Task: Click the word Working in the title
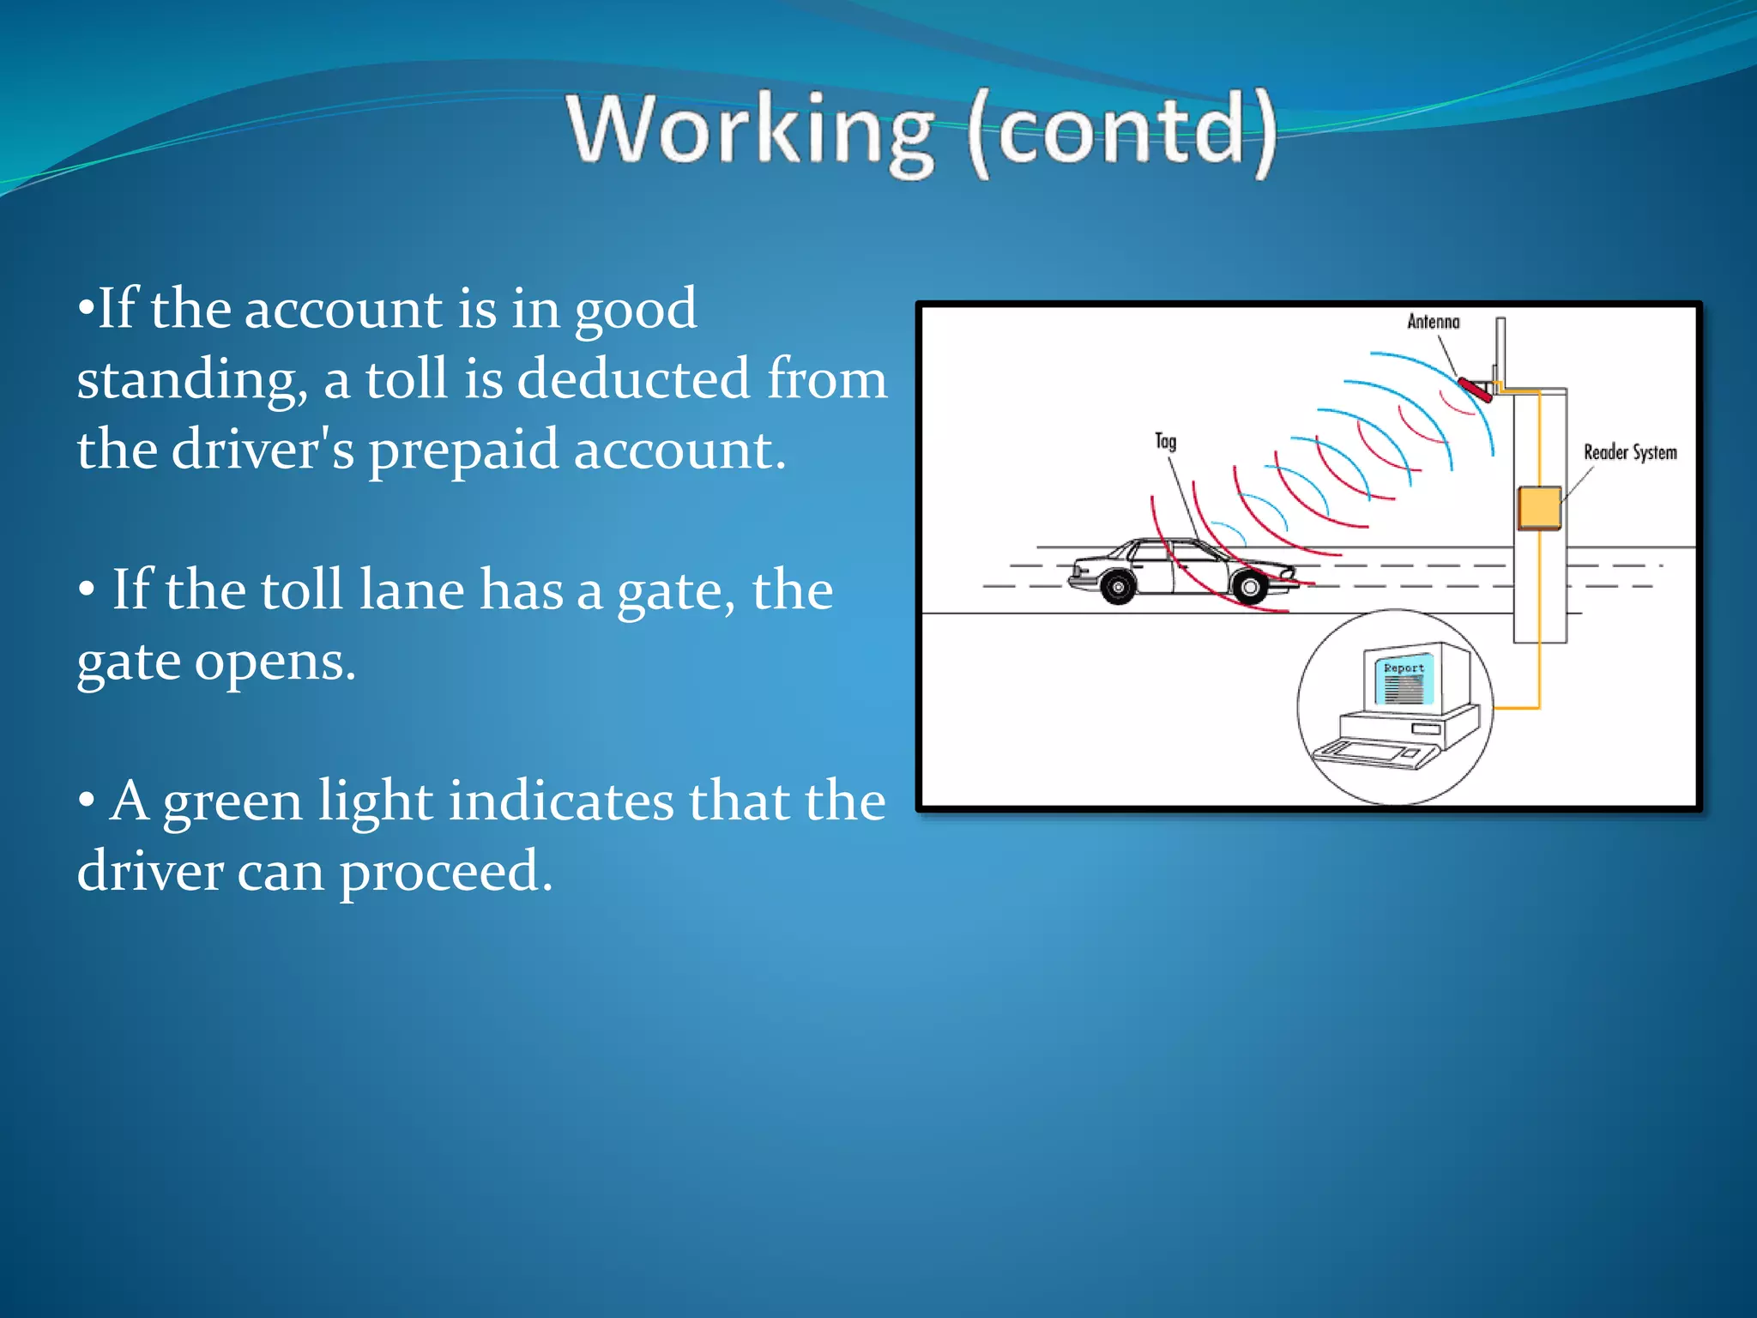(750, 130)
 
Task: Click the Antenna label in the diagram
(1433, 322)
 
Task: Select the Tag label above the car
(1165, 441)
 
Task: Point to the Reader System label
(1629, 452)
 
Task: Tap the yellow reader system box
(1539, 507)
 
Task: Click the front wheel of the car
(1250, 587)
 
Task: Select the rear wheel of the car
(1118, 587)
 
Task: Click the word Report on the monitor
(1404, 668)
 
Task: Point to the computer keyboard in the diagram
(1377, 753)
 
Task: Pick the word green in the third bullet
(232, 802)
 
